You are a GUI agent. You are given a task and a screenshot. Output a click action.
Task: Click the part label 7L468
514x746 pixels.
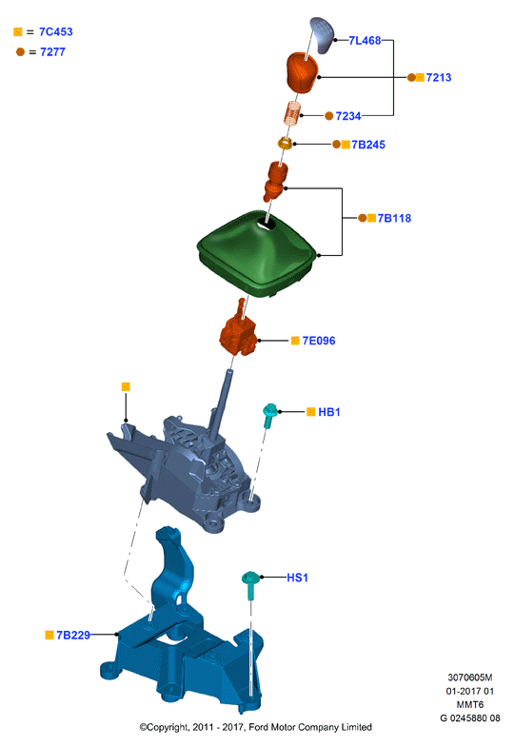coord(365,40)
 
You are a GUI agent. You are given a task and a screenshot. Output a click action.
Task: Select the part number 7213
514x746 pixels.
coord(438,78)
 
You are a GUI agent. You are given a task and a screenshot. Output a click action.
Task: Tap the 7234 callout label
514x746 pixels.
coord(348,116)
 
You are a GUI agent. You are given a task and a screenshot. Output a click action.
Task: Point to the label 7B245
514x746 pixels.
coord(367,145)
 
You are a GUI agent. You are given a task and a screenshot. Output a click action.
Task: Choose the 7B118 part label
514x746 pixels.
coord(394,219)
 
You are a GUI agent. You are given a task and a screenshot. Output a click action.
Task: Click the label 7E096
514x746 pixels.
coord(318,341)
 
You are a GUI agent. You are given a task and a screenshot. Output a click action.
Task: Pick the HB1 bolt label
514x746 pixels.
coord(329,412)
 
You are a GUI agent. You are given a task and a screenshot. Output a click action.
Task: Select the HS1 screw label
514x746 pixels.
coord(297,578)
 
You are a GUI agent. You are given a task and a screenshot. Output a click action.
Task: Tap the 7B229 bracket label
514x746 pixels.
coord(72,636)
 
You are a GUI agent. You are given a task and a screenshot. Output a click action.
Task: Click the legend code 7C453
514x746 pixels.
coord(55,32)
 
